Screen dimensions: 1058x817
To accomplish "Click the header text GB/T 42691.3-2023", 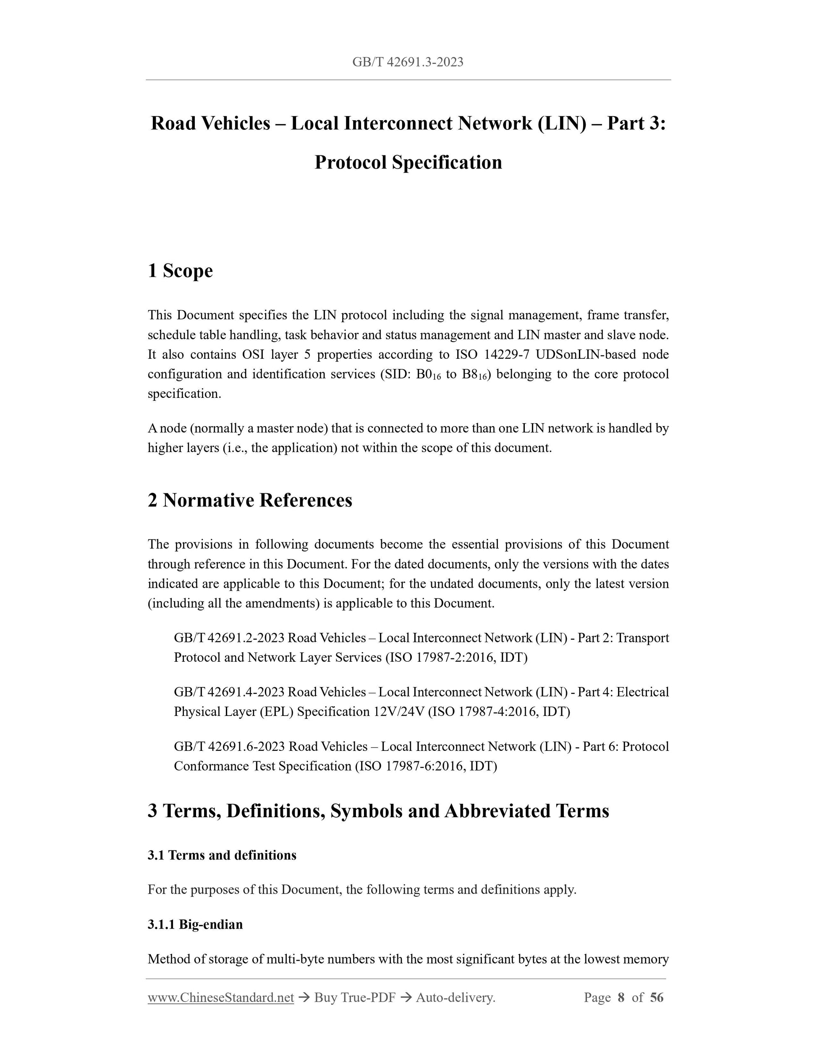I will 408,62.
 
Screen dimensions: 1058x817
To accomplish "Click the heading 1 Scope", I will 180,270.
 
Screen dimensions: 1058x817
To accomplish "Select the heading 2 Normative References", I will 250,500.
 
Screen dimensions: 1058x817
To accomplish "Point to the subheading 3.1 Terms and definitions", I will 222,855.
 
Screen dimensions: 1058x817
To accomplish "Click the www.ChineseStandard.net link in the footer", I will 221,997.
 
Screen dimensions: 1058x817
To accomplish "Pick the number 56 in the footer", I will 656,997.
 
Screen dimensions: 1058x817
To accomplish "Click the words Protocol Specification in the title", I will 408,162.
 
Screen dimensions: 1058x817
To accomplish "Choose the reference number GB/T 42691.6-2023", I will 229,746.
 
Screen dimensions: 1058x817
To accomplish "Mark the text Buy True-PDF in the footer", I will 355,997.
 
